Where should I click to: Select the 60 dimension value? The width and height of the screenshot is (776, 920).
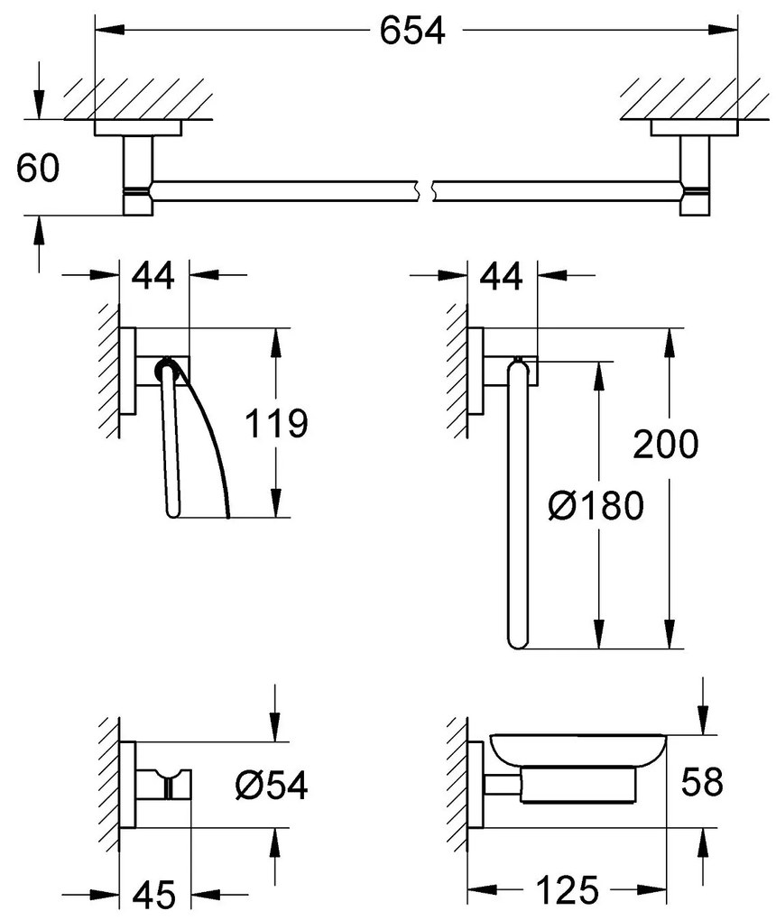[38, 169]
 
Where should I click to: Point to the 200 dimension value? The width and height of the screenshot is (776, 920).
[666, 444]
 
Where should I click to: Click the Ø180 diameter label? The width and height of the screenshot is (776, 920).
[596, 506]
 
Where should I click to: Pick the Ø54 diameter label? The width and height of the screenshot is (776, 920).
[271, 786]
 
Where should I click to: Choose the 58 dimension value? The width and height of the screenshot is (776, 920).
[703, 782]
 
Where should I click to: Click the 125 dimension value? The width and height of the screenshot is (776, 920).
[566, 891]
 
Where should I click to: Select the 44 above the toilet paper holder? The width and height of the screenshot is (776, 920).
[153, 276]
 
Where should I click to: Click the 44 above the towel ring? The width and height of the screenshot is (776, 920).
[501, 276]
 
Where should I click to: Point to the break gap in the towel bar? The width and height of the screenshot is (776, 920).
[426, 190]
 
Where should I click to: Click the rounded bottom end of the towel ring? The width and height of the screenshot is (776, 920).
[516, 640]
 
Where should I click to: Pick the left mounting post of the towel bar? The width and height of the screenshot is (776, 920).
[138, 176]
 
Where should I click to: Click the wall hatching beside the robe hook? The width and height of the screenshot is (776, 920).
[109, 785]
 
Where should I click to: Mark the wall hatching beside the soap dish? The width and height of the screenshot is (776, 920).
[458, 785]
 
